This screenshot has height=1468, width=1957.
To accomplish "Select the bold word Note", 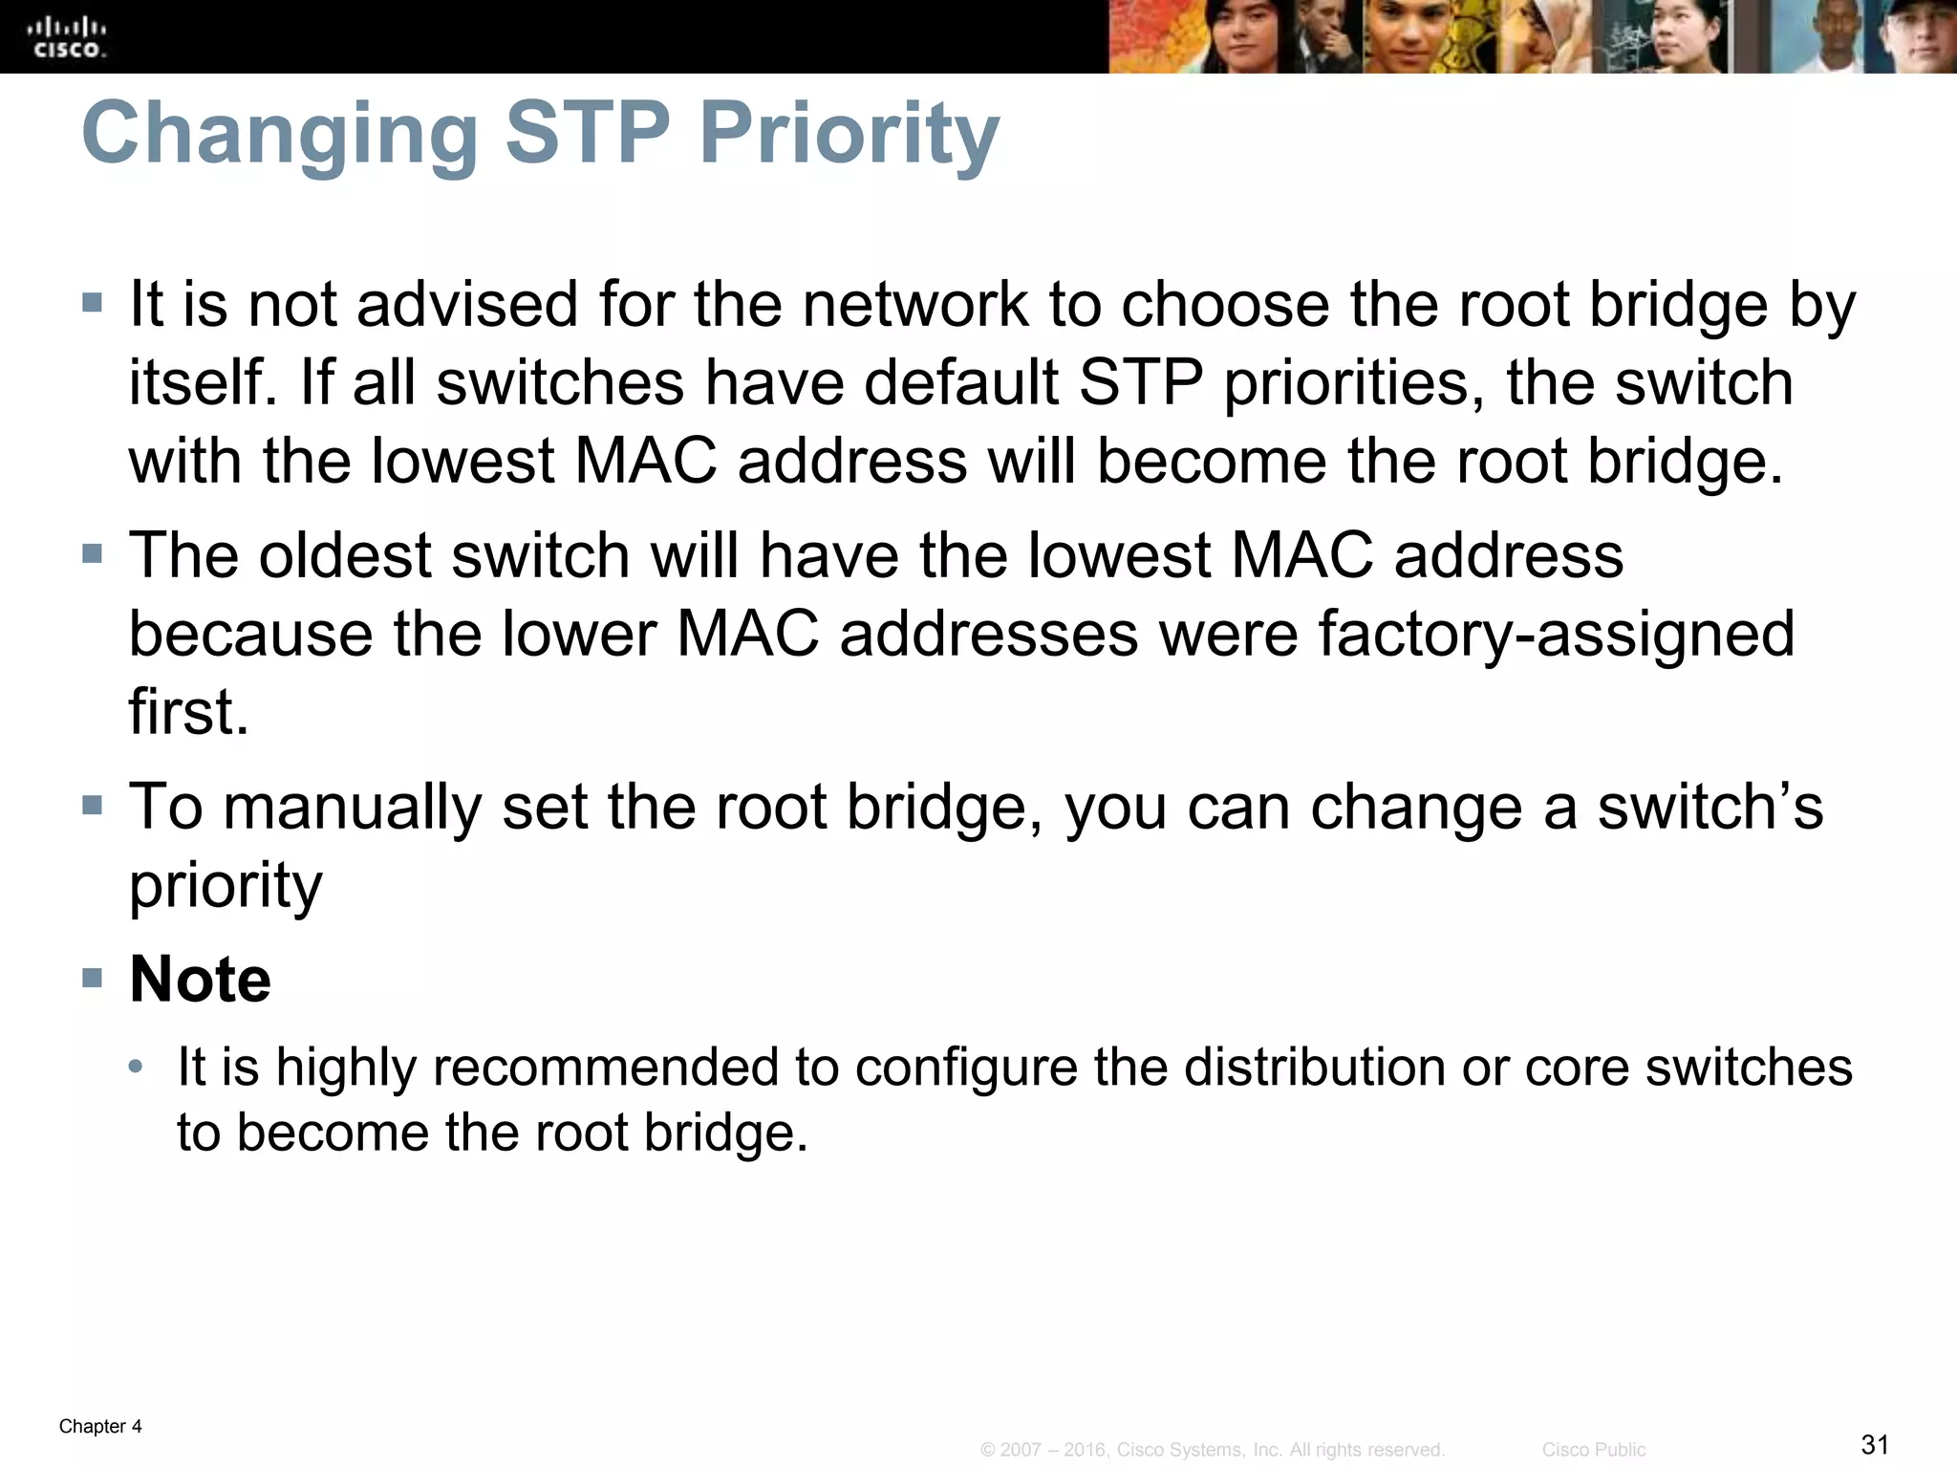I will click(200, 980).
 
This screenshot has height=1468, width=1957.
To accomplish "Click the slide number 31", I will click(1875, 1444).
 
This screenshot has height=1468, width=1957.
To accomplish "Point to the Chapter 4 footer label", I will click(100, 1427).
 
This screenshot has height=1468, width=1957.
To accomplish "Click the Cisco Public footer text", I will click(1594, 1450).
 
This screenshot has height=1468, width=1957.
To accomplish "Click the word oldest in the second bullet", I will click(345, 555).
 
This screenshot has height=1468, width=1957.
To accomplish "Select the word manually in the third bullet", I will click(353, 807).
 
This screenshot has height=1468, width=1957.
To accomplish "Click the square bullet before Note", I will click(92, 977).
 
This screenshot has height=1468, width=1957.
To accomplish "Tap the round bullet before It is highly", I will click(137, 1066).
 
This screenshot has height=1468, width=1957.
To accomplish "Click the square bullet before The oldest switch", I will click(92, 553).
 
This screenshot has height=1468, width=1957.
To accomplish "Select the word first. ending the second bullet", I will click(188, 712).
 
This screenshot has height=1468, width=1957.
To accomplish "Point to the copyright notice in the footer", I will click(1212, 1450).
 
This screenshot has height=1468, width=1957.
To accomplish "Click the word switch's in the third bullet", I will click(1710, 807).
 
